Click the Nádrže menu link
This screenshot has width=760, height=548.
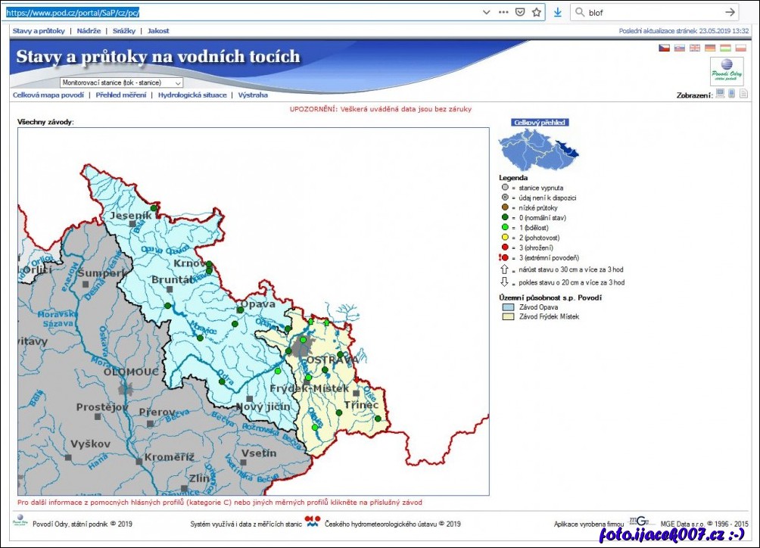coord(90,31)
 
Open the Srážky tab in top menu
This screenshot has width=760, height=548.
coord(123,31)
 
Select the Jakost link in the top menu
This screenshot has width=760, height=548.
coord(158,31)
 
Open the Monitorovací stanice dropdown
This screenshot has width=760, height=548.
coord(121,83)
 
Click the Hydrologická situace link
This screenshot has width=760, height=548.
coord(192,95)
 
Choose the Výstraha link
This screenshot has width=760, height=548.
coord(253,95)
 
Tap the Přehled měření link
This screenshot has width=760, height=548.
coord(120,95)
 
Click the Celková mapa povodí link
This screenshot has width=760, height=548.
coord(48,95)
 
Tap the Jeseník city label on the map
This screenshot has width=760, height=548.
coord(131,216)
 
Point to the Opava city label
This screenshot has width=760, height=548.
coord(257,304)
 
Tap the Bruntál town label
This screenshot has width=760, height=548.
coord(172,279)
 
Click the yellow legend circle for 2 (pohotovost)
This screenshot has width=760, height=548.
coord(504,238)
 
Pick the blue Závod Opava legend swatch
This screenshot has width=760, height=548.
coord(508,307)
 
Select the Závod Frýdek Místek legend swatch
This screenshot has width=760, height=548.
coord(508,316)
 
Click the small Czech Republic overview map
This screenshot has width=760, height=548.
coord(537,149)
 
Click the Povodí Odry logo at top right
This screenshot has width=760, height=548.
coord(726,71)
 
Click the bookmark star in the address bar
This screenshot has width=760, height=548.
coord(537,12)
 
